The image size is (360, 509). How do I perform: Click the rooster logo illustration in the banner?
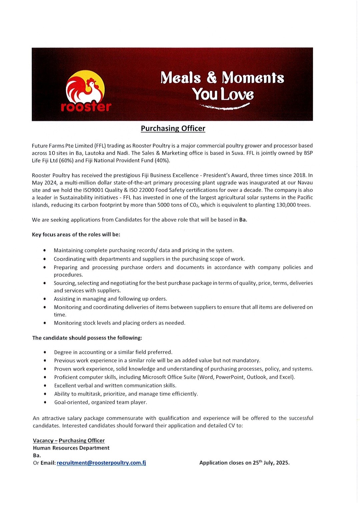[85, 87]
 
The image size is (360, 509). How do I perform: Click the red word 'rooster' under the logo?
[86, 107]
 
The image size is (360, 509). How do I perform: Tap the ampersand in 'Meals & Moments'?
[211, 77]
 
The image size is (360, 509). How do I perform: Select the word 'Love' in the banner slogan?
[237, 94]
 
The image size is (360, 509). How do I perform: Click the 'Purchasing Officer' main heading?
[173, 129]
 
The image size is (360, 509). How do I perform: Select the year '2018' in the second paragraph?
[299, 175]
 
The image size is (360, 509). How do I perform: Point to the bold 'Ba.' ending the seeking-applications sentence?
[243, 220]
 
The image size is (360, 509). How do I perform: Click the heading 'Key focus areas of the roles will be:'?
[76, 235]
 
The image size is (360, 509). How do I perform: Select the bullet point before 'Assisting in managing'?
[45, 299]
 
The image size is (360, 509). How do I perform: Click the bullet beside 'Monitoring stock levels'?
[45, 323]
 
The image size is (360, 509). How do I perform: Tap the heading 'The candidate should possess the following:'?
[87, 338]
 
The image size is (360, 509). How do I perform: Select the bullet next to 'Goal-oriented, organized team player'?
[45, 402]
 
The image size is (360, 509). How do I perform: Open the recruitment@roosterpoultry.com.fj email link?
[101, 463]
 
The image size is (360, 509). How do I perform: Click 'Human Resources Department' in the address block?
[71, 448]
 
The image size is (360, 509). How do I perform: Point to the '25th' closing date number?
[257, 462]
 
